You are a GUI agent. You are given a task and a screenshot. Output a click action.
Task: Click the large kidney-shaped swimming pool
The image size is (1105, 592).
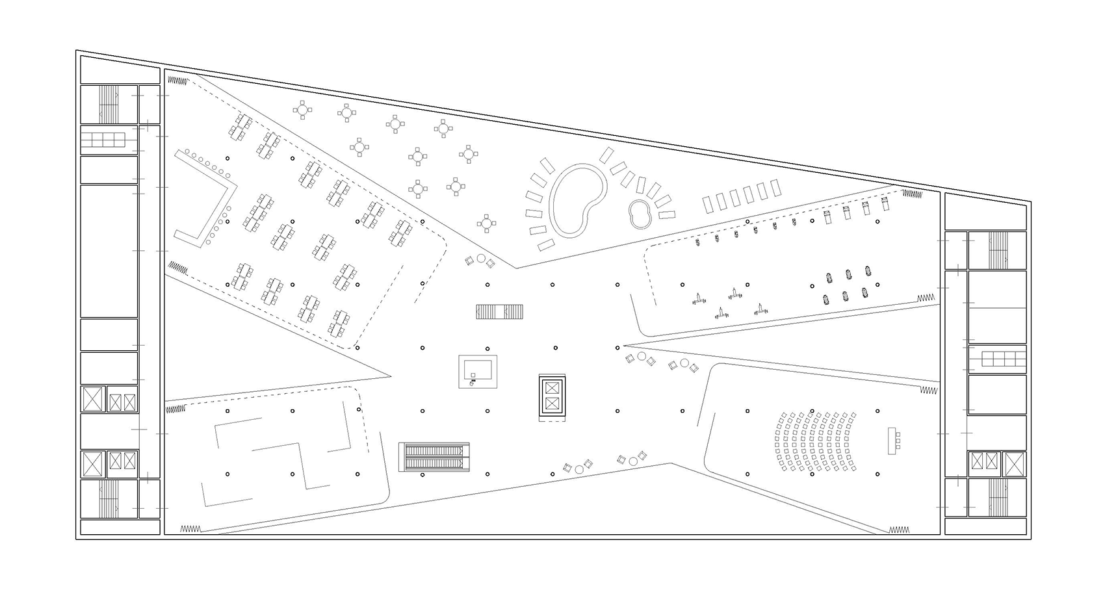pos(577,199)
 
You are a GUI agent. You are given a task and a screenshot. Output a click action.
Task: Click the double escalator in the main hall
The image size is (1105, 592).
pos(434,456)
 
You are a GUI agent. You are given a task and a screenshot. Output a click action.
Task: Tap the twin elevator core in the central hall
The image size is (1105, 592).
pos(552,396)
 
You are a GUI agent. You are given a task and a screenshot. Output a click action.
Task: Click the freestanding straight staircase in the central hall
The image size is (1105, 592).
pos(499,312)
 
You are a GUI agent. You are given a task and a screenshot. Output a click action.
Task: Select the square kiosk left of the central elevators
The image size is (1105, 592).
pos(478,372)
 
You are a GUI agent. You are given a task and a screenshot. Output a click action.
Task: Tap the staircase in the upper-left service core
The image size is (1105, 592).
pos(109,104)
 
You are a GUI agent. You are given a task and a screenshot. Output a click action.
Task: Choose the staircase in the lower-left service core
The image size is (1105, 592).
pos(109,498)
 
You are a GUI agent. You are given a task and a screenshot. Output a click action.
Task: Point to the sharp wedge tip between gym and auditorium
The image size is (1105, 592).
pos(625,346)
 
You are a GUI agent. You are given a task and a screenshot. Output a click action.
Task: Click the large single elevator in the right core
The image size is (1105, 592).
pos(1014,464)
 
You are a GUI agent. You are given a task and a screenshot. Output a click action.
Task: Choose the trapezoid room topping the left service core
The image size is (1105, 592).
pos(120,70)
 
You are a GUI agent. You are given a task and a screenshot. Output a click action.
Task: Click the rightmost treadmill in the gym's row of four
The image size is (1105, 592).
pos(885,206)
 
